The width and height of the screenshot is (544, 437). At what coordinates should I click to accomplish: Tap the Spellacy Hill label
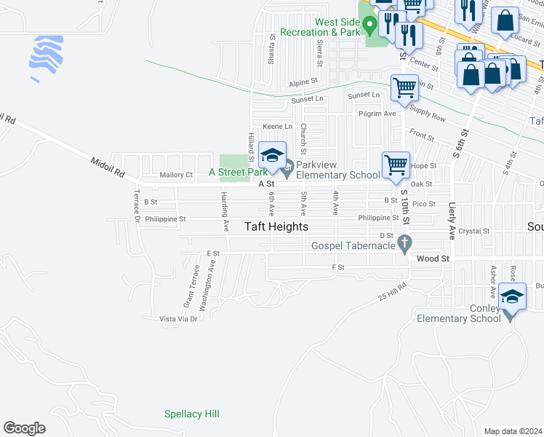point(191,414)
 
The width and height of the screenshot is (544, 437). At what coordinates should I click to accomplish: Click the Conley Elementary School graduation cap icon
point(513,297)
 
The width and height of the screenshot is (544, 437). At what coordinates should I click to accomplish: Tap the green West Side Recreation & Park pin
point(369,26)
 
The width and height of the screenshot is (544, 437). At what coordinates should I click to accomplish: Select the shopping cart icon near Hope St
point(396,165)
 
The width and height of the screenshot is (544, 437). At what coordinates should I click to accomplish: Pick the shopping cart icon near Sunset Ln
point(404,88)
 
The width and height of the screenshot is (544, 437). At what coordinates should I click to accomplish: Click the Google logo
point(24,428)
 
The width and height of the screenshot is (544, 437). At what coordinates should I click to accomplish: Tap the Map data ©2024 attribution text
point(513,431)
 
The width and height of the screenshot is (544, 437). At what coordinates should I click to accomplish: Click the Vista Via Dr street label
point(179,319)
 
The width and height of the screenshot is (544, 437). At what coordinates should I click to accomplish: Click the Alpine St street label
point(304,82)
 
